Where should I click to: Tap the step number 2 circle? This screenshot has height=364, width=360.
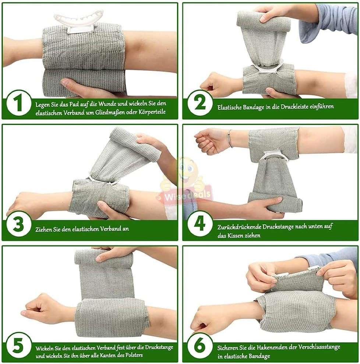pyautogui.click(x=200, y=104)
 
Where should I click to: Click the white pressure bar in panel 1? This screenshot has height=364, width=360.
pyautogui.click(x=78, y=20)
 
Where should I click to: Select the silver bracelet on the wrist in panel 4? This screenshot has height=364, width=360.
pyautogui.click(x=230, y=139)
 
